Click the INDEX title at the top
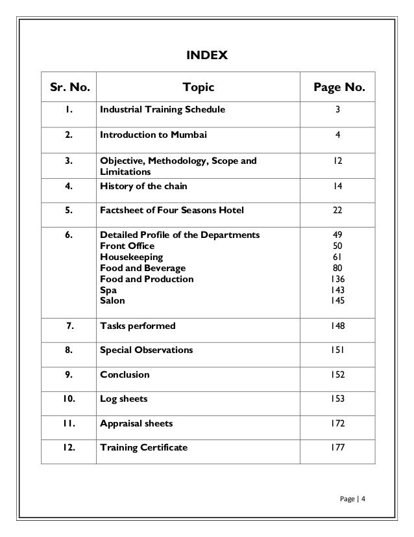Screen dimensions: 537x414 tap(207, 56)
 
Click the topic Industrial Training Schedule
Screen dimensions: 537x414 tap(162, 110)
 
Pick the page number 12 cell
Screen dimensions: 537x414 tap(337, 161)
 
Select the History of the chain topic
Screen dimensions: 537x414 tap(143, 186)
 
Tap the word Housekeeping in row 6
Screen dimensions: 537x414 tap(131, 257)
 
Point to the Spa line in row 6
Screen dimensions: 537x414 tap(108, 290)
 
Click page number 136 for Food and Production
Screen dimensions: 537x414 tap(337, 279)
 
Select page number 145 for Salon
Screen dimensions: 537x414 tap(337, 301)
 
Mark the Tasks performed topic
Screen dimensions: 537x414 tap(138, 325)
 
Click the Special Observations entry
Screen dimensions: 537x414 tap(146, 350)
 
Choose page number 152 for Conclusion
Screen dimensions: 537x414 tap(337, 374)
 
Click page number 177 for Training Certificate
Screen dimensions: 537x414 tap(337, 448)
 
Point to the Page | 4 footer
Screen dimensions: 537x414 tap(353, 499)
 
